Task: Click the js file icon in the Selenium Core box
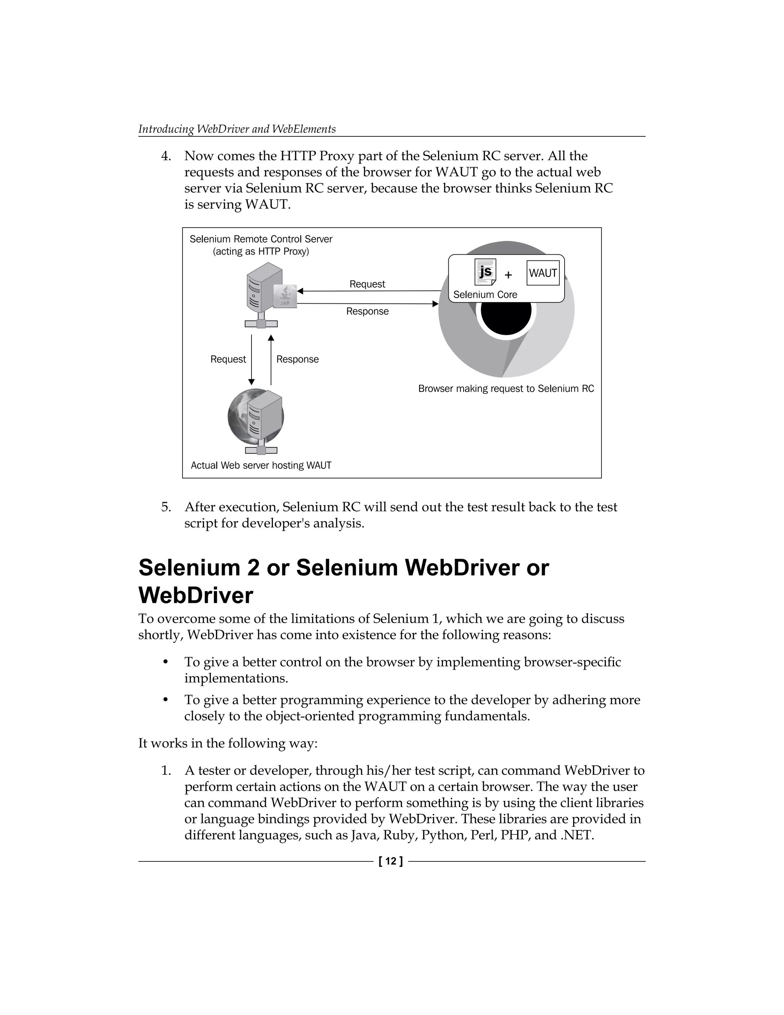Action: [x=485, y=272]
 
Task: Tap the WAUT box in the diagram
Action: [x=543, y=273]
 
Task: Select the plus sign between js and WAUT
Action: [x=508, y=275]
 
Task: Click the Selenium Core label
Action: [x=485, y=295]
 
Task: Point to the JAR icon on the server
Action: [x=286, y=296]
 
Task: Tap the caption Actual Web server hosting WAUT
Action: [x=261, y=465]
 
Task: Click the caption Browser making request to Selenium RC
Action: [x=506, y=388]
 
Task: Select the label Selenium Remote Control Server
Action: [x=261, y=239]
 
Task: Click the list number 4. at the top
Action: [x=166, y=156]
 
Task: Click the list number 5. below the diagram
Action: [x=166, y=507]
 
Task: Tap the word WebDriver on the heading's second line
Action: [x=196, y=595]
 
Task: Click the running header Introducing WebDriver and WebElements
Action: [x=237, y=129]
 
